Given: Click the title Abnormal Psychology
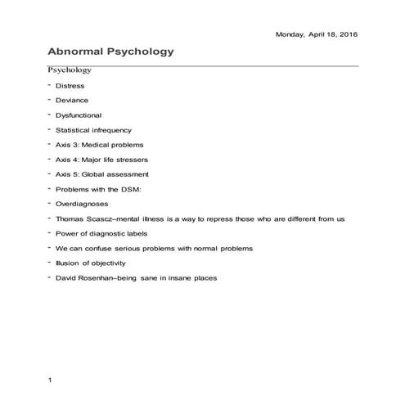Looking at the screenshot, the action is coord(111,52).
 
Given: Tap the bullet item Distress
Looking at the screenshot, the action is coord(70,85).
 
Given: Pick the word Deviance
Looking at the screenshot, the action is coord(72,100).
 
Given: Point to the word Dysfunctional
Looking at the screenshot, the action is coord(79,115).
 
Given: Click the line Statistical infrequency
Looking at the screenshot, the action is coord(93,129).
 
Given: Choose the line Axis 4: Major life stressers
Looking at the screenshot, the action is coord(101,159).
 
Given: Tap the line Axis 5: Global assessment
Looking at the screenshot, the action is coord(101,173).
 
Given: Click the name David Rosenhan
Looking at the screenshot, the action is coord(88,277).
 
